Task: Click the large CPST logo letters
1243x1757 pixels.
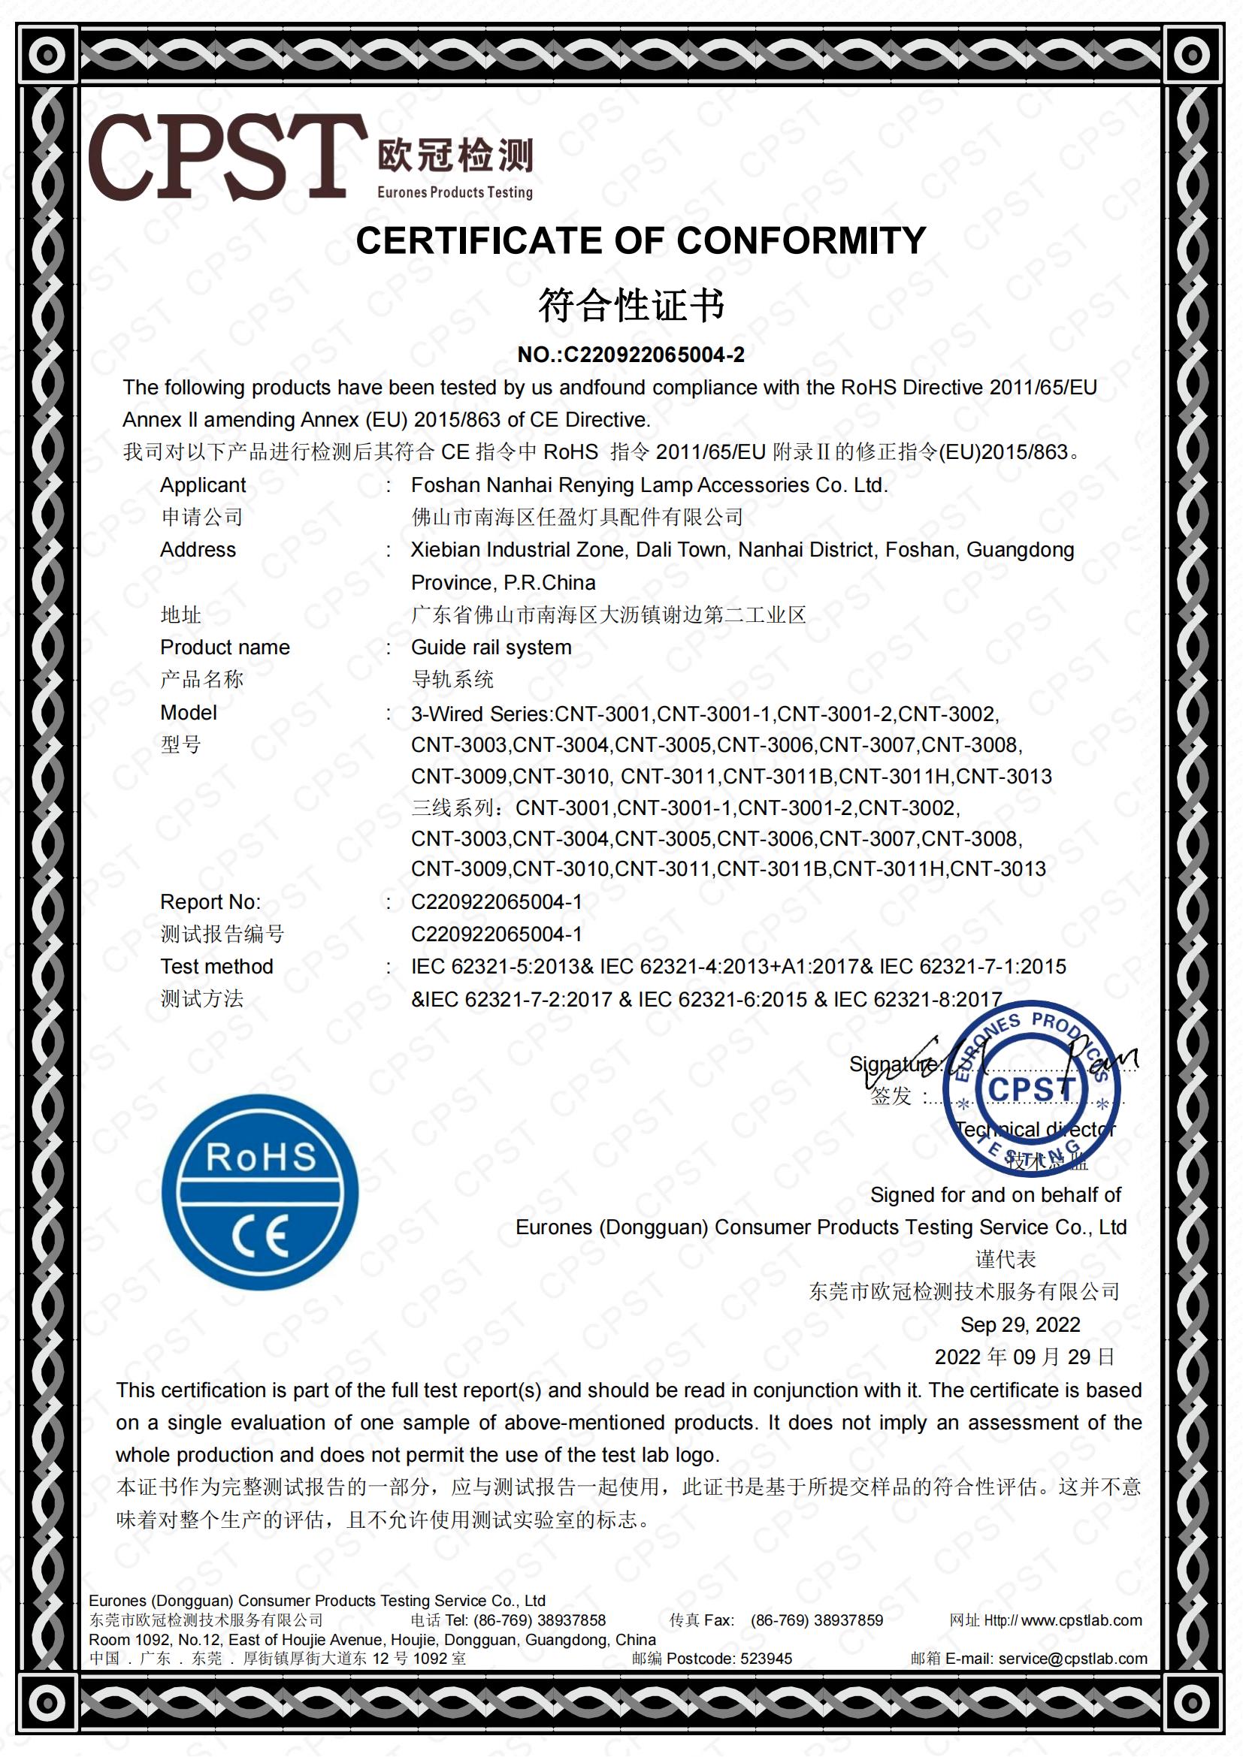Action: point(225,158)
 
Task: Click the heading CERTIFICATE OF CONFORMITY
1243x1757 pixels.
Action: point(640,241)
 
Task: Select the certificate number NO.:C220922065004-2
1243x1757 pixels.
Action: point(631,355)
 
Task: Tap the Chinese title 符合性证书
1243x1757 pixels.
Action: point(631,305)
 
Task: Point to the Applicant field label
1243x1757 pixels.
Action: point(203,485)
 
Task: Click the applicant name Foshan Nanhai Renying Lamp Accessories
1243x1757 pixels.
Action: point(649,485)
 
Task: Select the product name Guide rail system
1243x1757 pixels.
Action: point(491,648)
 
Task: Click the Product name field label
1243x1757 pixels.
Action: point(224,648)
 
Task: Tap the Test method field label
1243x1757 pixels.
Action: point(216,967)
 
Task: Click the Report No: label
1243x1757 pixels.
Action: point(210,902)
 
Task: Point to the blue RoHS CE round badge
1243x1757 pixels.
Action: point(260,1192)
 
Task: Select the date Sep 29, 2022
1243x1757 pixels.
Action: point(1020,1324)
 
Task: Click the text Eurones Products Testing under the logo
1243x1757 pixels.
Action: point(455,193)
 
